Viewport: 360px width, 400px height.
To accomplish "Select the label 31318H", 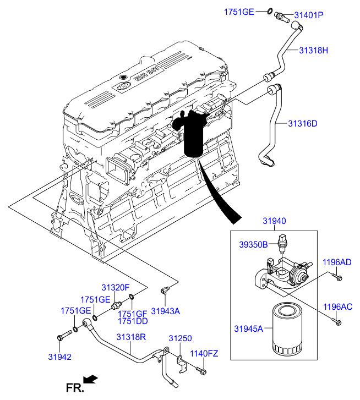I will [314, 51].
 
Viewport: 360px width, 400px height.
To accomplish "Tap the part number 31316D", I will [303, 123].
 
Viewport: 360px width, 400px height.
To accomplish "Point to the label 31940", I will [274, 221].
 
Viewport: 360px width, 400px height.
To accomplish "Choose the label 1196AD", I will [337, 262].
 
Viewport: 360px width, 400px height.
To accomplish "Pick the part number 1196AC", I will [337, 306].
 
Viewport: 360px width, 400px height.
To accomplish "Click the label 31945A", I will [249, 329].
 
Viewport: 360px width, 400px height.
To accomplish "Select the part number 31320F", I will [115, 287].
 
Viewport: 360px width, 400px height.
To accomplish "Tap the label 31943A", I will [166, 311].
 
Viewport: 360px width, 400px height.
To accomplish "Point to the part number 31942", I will [59, 356].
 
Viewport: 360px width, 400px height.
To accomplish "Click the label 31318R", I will [130, 337].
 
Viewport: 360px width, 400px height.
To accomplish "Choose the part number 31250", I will [179, 338].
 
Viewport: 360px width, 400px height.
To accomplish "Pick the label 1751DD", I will [133, 320].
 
